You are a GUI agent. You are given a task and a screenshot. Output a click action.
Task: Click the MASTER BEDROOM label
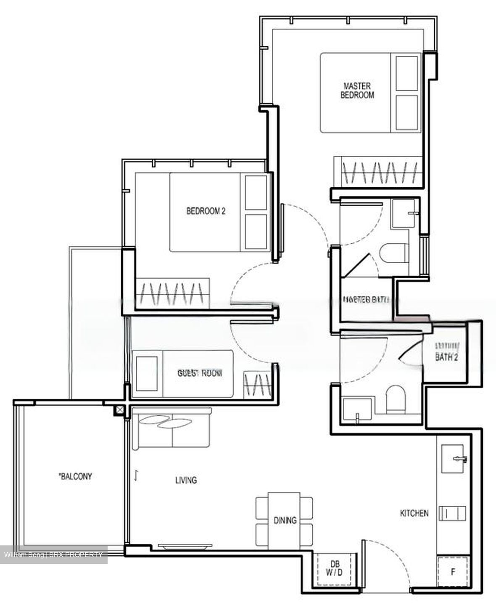(356, 90)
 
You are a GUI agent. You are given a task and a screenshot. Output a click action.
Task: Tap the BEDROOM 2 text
(206, 211)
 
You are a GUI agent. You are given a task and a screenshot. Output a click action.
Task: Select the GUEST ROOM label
(200, 373)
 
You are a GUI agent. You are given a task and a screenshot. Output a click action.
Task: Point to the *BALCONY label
(75, 476)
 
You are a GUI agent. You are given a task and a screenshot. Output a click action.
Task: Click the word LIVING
(186, 480)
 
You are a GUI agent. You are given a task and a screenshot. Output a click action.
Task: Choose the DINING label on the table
(285, 520)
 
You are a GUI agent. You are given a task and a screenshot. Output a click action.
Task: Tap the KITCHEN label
(414, 513)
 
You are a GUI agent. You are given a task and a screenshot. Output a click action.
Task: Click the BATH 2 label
(446, 357)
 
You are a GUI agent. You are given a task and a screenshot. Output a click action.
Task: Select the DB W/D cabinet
(334, 569)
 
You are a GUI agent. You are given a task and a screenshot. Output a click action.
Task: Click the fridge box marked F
(453, 572)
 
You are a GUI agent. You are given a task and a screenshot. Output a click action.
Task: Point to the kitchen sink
(454, 459)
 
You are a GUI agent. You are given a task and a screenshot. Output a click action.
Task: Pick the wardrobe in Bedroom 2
(172, 292)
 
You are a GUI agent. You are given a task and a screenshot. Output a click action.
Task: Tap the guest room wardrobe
(259, 385)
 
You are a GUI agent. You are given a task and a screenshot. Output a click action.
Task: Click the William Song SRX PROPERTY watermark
(53, 555)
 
